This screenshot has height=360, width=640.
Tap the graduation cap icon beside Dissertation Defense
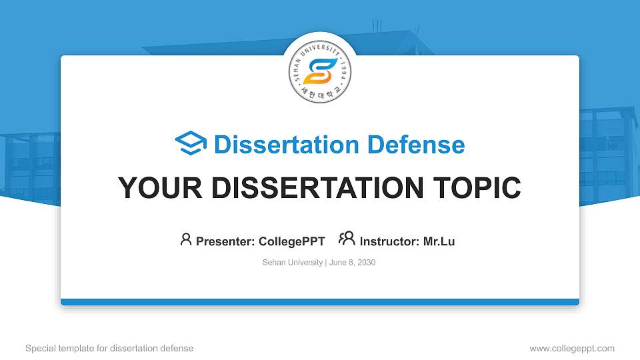[191, 144]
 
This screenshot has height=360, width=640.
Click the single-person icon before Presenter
[186, 239]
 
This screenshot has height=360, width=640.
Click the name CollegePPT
[291, 241]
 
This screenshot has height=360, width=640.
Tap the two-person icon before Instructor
[347, 239]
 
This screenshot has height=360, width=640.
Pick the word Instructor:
[390, 241]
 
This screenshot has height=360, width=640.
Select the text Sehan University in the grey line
[293, 263]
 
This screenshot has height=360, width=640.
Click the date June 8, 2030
[353, 263]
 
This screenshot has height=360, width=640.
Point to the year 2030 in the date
[366, 263]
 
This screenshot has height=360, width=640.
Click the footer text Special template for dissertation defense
[109, 348]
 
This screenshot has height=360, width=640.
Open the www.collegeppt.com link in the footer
[572, 348]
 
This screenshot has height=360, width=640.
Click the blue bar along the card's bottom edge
[320, 302]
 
